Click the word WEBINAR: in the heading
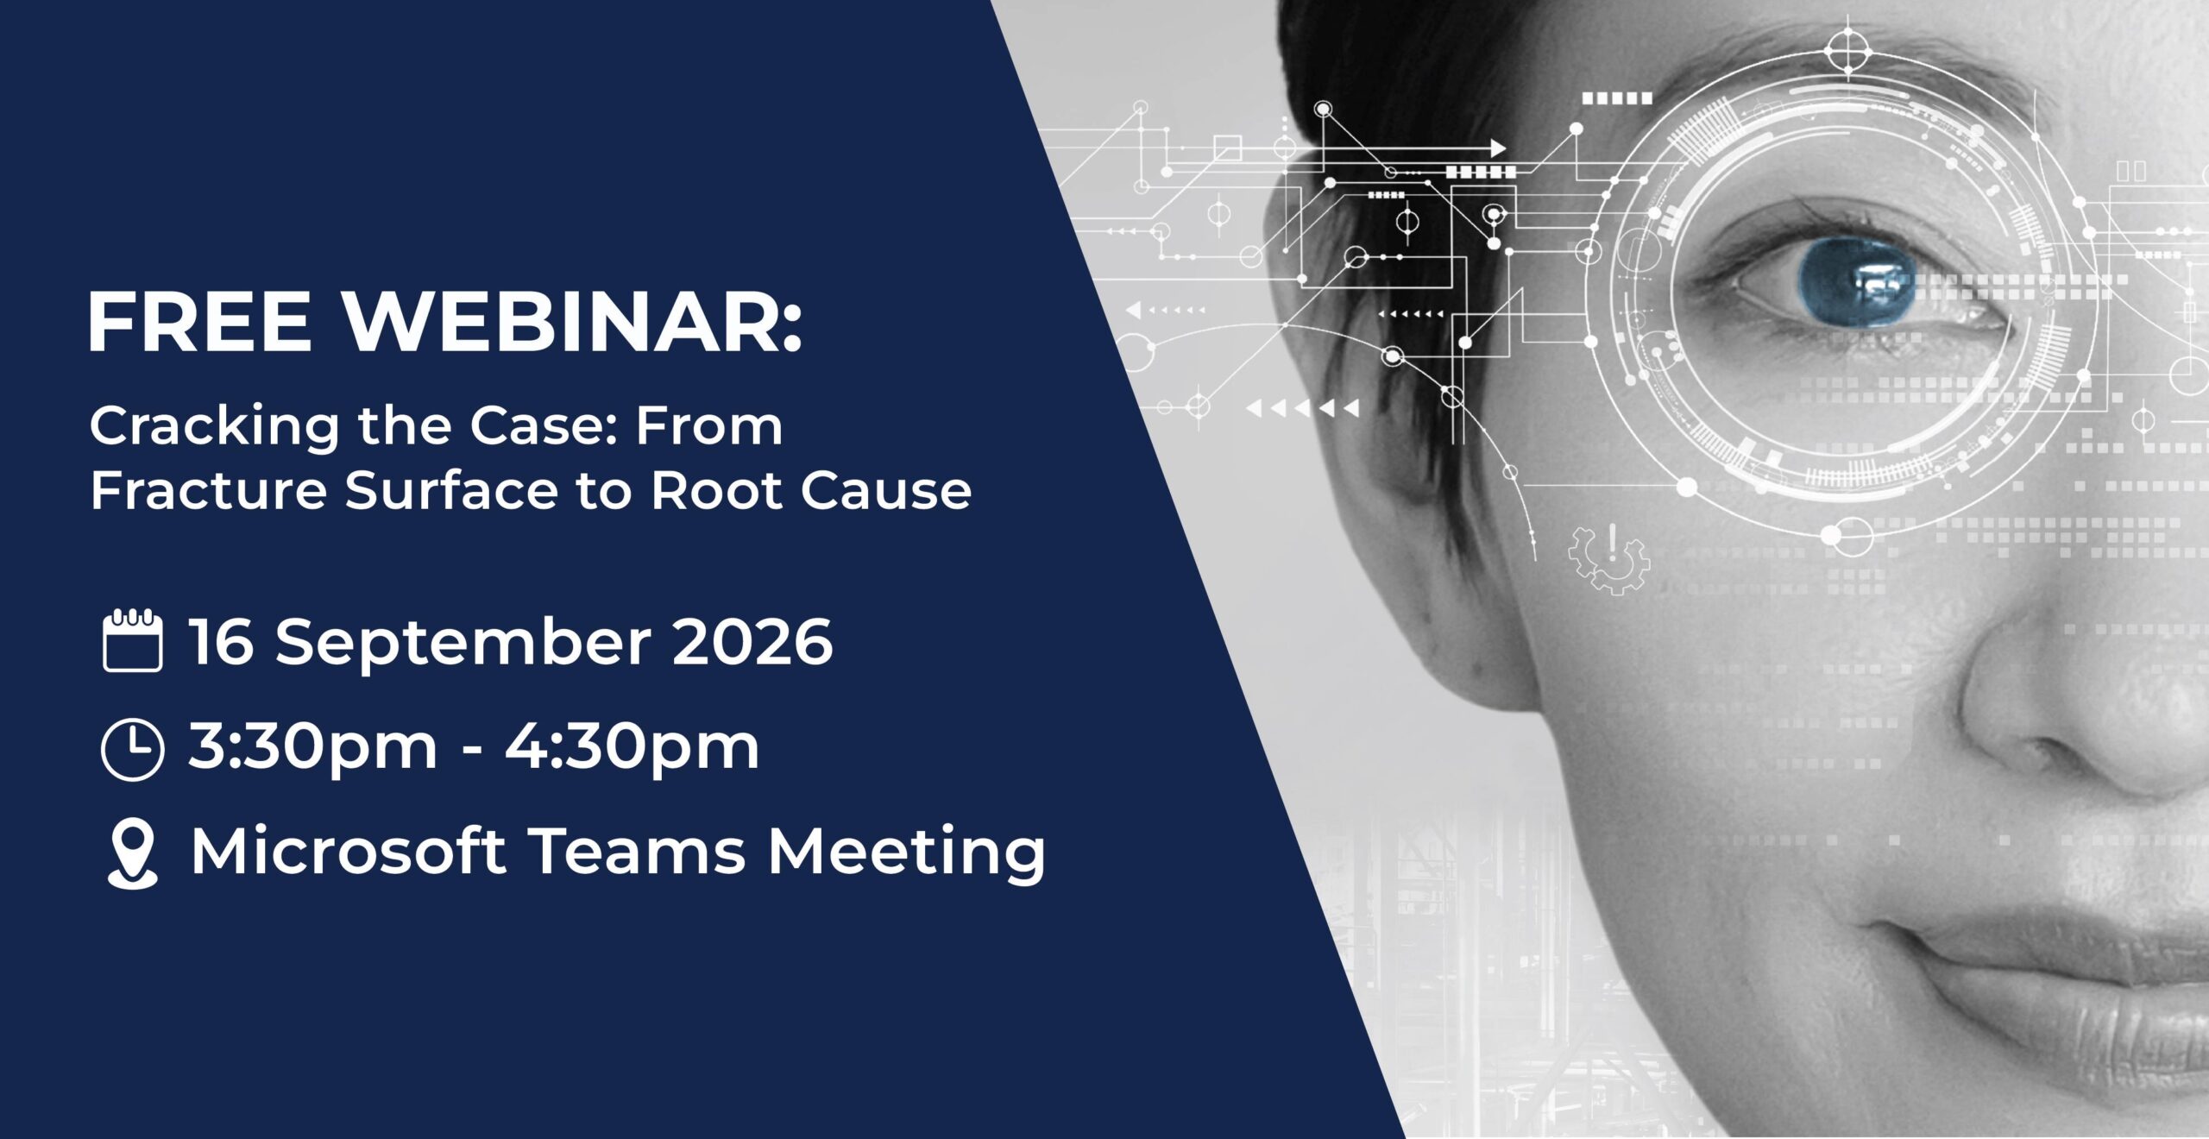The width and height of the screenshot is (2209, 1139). [x=575, y=324]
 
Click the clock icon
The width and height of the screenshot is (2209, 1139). [x=132, y=749]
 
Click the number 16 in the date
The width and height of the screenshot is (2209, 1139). [x=222, y=641]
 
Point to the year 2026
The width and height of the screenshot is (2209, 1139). [x=752, y=641]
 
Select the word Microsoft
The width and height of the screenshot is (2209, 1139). [x=349, y=852]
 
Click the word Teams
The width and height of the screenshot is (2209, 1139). [x=636, y=852]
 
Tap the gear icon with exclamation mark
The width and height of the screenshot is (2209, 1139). [x=1609, y=558]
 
